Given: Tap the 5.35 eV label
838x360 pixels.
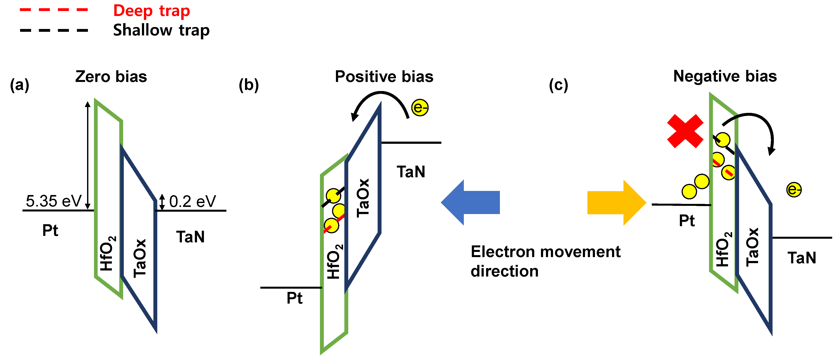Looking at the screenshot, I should tap(53, 201).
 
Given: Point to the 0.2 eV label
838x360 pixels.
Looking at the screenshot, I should tap(192, 202).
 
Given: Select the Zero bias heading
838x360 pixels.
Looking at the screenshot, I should tap(111, 77).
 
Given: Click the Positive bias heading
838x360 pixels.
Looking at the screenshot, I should tap(384, 77).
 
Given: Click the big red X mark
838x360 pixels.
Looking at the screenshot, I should tap(685, 131).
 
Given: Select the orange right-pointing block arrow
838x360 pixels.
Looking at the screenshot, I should tap(616, 202).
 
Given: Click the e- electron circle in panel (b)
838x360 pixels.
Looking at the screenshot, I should tap(420, 108).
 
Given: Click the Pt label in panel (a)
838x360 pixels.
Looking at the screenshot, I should tap(50, 230).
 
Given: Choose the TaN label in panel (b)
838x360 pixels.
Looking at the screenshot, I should tap(411, 172).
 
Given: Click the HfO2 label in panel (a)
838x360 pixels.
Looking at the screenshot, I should tap(108, 253).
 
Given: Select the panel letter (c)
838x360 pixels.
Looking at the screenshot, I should tap(558, 85).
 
